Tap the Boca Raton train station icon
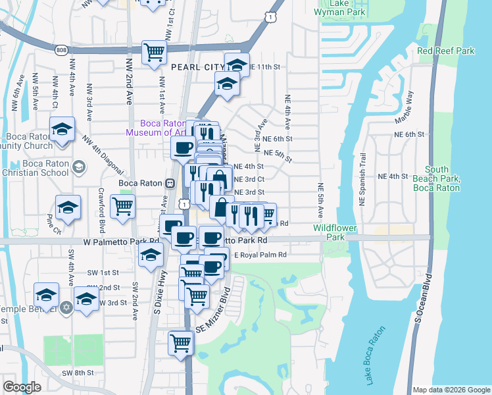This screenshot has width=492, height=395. coord(170,183)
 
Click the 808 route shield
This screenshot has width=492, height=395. coord(61,50)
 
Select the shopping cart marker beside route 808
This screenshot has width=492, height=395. coord(155,51)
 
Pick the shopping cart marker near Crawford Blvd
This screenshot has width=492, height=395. coord(123,206)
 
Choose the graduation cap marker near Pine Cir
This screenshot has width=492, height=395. coord(68,207)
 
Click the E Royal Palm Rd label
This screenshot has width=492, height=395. coord(260,255)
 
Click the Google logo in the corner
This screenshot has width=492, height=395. coord(22,387)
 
